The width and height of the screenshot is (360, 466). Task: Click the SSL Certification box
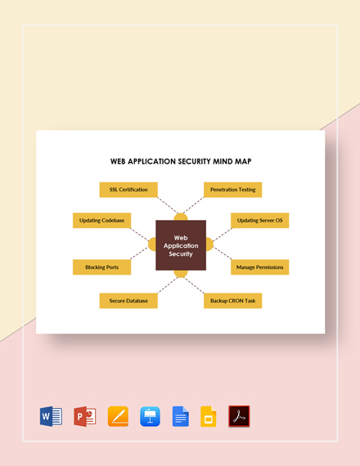(128, 190)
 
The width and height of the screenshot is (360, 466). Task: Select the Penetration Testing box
(232, 190)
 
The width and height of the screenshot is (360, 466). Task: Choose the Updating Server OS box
(259, 221)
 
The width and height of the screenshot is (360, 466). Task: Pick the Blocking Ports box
(102, 267)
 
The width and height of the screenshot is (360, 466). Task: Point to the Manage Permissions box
(259, 267)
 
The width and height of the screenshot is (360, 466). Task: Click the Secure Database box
(128, 300)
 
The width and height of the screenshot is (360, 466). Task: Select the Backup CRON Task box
(232, 300)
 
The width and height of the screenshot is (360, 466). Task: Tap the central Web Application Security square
(181, 244)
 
